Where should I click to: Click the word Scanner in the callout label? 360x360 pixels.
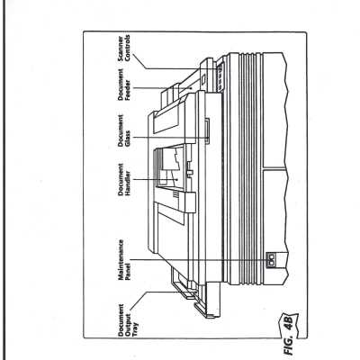click(x=121, y=49)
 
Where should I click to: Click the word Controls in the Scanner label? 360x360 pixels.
click(x=128, y=49)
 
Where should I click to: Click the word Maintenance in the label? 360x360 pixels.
click(x=121, y=260)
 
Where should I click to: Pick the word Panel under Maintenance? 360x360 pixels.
click(x=128, y=272)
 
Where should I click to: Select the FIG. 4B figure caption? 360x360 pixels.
click(x=290, y=331)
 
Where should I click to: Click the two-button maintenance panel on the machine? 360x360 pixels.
click(x=272, y=260)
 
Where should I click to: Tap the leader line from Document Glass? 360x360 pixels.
click(x=170, y=138)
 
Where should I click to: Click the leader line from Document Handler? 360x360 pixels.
click(x=155, y=179)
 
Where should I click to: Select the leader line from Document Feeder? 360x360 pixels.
click(x=163, y=88)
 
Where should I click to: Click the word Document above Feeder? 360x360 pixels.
click(x=121, y=85)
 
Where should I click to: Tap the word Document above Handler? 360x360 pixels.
click(x=121, y=179)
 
